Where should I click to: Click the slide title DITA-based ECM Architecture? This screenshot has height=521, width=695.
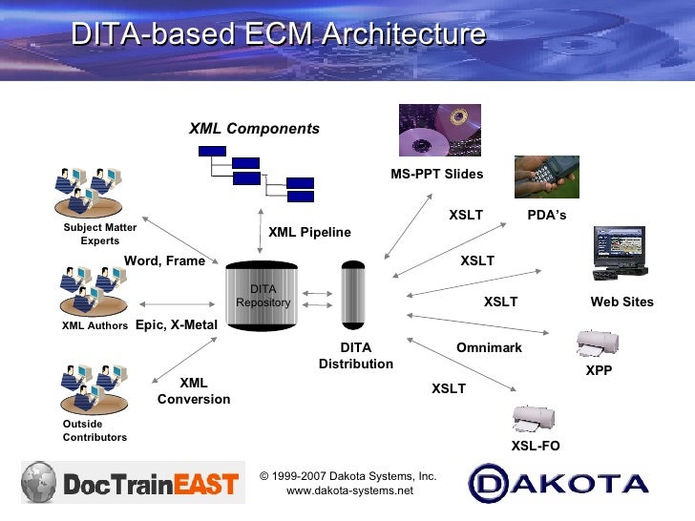click(279, 35)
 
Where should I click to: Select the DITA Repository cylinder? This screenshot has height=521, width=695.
click(263, 296)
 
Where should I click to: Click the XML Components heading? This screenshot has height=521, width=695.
click(254, 129)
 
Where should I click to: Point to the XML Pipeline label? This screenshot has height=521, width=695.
click(309, 232)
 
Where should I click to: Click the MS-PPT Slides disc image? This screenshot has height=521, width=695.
click(439, 131)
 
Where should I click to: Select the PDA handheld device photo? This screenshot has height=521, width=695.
click(546, 177)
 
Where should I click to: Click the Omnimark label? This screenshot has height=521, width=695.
click(489, 348)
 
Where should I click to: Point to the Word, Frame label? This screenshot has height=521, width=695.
click(164, 261)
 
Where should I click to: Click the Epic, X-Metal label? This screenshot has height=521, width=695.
click(177, 325)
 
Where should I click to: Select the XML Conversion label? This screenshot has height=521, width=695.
click(194, 391)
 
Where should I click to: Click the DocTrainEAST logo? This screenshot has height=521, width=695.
click(130, 483)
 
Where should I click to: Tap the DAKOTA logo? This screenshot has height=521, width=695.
click(559, 483)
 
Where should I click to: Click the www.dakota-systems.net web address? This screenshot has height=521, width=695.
click(349, 490)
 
